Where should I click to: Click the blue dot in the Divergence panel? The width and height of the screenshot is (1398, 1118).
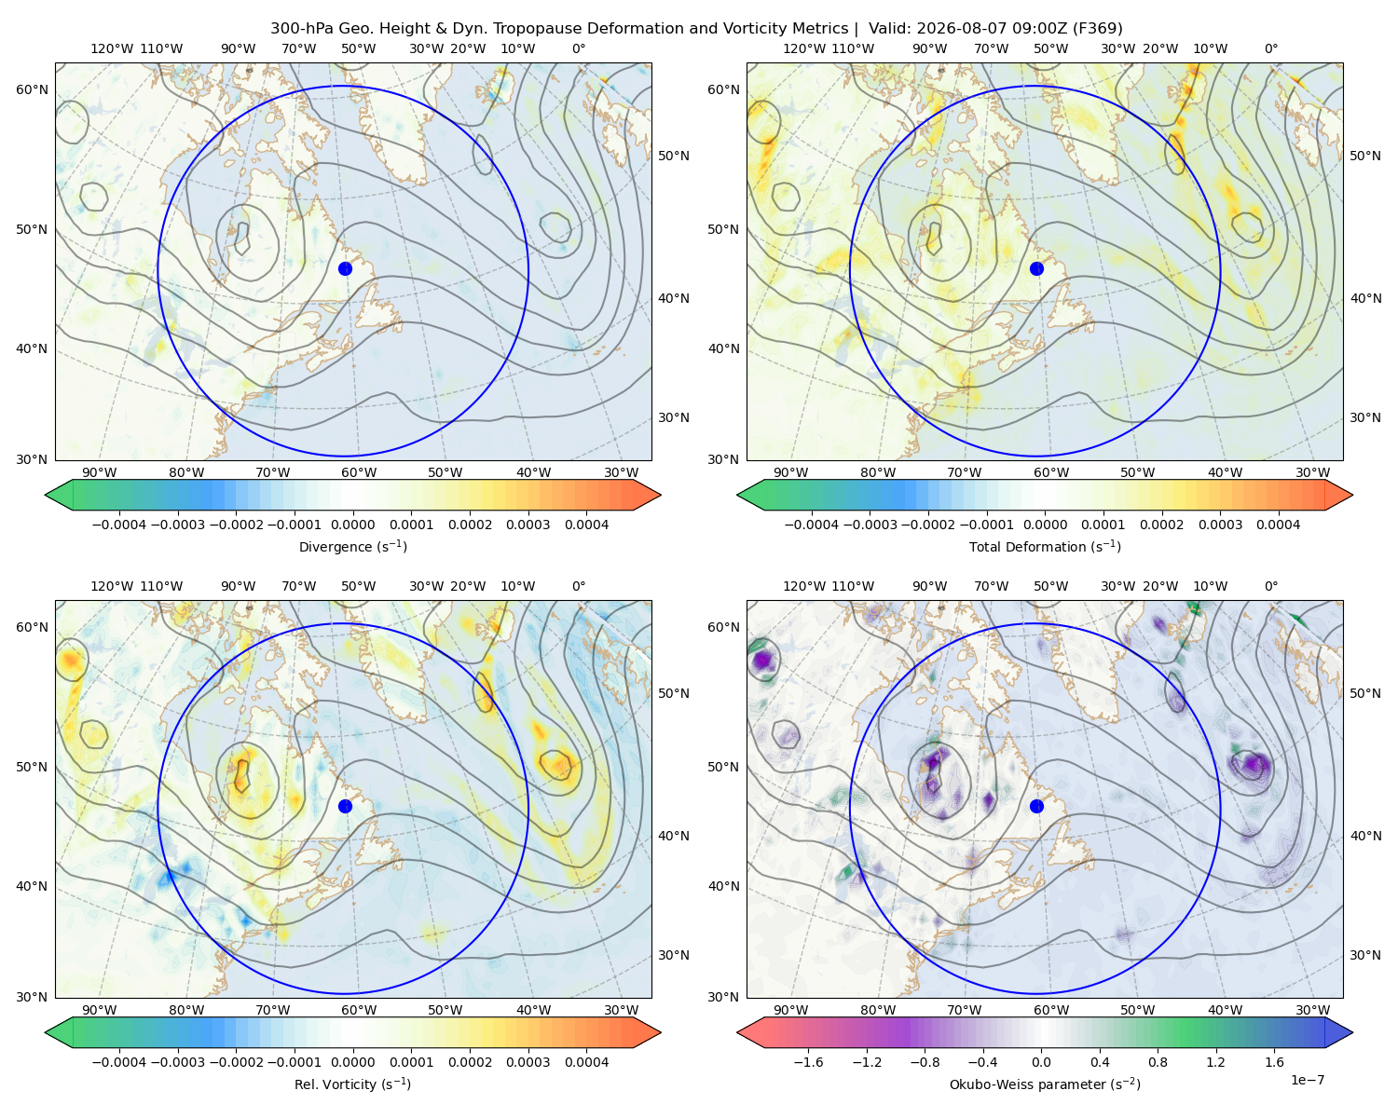pos(345,268)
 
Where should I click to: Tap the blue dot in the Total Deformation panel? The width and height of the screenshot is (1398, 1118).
pos(1036,268)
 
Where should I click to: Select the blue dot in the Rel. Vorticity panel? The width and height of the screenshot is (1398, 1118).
pos(345,806)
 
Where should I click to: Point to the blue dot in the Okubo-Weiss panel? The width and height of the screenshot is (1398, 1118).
pos(1036,806)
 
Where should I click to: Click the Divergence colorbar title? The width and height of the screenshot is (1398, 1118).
pos(352,547)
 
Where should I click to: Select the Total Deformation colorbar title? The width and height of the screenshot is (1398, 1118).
pos(1045,547)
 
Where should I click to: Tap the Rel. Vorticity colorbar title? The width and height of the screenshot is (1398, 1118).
pos(352,1084)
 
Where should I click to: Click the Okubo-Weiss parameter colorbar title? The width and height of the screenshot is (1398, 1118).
pos(1045,1084)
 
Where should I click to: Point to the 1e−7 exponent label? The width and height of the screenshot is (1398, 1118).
pos(1307,1081)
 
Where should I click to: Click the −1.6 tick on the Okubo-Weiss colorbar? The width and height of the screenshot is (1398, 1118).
pos(808,1062)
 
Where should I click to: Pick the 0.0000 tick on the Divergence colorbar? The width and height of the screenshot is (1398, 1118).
pos(352,525)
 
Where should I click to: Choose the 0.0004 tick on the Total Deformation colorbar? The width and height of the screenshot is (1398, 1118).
pos(1278,525)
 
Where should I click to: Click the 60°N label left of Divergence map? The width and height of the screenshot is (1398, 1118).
pos(32,89)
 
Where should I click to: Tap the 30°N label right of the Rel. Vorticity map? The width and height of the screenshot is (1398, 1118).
pos(674,955)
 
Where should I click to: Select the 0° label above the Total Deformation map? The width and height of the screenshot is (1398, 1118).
pos(1270,48)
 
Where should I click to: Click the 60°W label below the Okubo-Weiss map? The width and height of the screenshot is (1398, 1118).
pos(1050,1010)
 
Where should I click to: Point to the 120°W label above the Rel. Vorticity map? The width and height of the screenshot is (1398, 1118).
pos(112,586)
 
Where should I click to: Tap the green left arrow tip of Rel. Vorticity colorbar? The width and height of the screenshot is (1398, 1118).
pos(46,1032)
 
